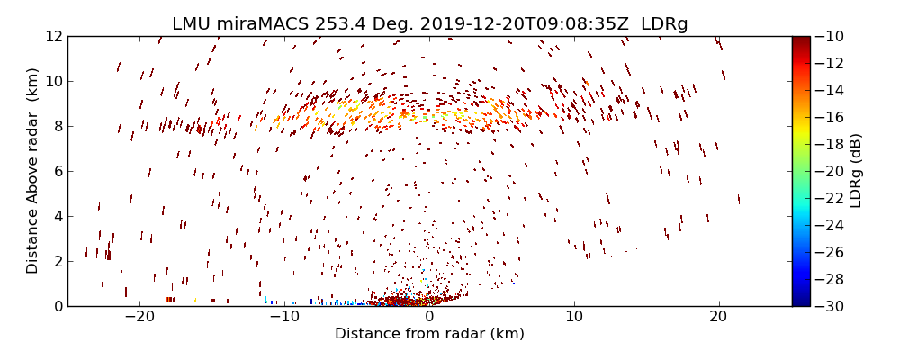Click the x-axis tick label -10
(284, 317)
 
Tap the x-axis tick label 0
(429, 317)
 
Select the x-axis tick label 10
(574, 317)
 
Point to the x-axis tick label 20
(718, 317)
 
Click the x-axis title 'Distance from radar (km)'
(429, 334)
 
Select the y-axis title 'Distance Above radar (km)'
(32, 171)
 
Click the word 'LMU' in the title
(192, 24)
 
